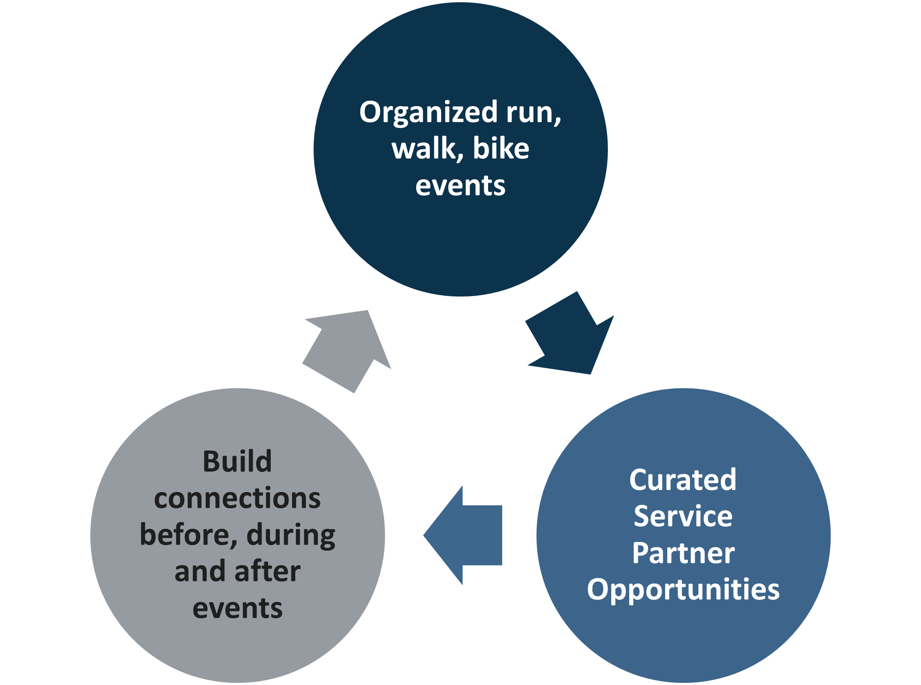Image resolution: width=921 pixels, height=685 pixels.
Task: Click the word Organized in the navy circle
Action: point(428,113)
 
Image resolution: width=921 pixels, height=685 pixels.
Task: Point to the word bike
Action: point(501,149)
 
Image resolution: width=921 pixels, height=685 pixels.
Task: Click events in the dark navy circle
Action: point(460,186)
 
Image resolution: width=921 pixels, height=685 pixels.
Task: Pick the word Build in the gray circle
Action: point(237,462)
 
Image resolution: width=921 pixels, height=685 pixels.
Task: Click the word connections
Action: point(237,498)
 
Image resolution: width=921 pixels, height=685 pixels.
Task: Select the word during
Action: point(291,535)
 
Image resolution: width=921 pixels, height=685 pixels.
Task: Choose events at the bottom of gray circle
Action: point(237,608)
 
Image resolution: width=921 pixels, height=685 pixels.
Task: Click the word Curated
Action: point(683,480)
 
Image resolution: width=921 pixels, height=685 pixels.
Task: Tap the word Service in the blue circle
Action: point(683,516)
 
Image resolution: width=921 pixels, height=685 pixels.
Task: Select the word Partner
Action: point(683,553)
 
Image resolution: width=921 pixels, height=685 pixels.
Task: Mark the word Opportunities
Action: point(683,590)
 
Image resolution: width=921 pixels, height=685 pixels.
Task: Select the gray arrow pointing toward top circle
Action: point(346,349)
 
